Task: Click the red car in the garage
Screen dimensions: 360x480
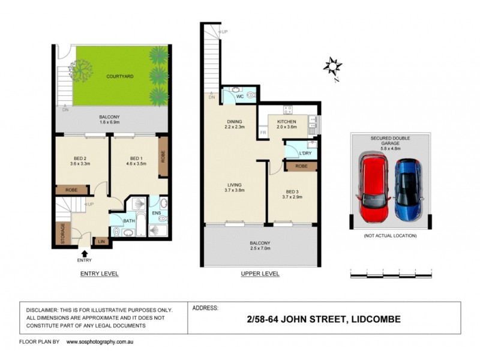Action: click(x=375, y=187)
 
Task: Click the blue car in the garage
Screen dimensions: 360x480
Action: click(x=409, y=191)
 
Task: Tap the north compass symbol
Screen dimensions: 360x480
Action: click(x=332, y=66)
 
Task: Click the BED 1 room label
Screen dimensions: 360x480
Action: click(x=134, y=159)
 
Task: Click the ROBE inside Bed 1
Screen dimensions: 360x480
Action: click(x=163, y=157)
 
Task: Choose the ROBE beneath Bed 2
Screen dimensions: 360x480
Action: click(x=71, y=190)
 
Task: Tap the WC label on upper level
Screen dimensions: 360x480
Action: click(x=238, y=96)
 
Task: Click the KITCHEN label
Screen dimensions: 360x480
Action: click(x=287, y=122)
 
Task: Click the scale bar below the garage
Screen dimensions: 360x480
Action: click(x=391, y=275)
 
